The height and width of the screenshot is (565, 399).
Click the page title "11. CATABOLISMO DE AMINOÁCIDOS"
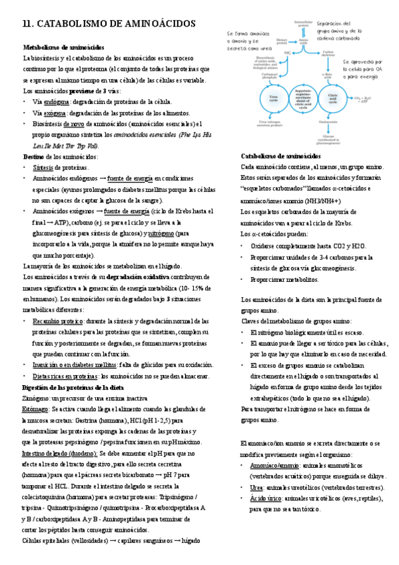109,24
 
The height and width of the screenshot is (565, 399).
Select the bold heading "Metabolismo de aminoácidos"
64,48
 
